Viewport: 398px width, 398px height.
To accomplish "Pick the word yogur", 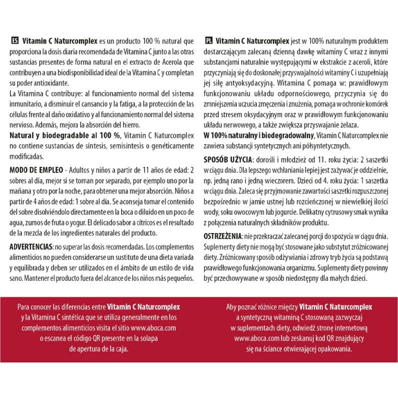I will (95, 223).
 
